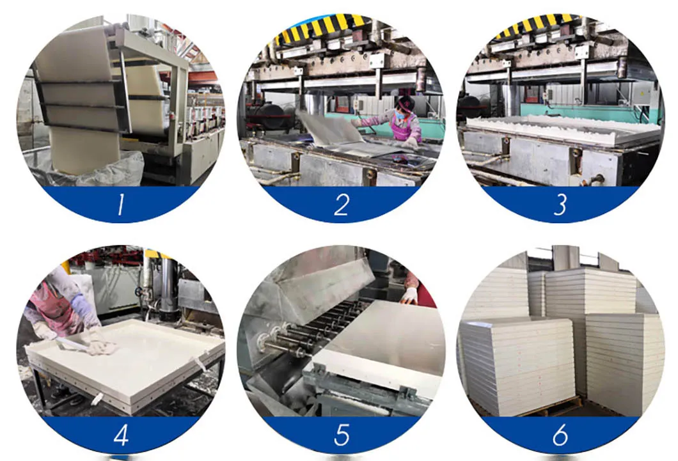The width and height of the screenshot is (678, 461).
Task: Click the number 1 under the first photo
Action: point(120,204)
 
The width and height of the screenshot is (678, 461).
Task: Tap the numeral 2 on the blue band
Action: point(341,205)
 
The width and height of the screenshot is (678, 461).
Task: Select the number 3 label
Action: point(560,205)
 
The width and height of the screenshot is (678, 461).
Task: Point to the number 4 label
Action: point(121,435)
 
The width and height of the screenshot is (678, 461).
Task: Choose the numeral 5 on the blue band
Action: point(341,435)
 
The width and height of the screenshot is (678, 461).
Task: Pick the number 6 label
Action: point(560,435)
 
